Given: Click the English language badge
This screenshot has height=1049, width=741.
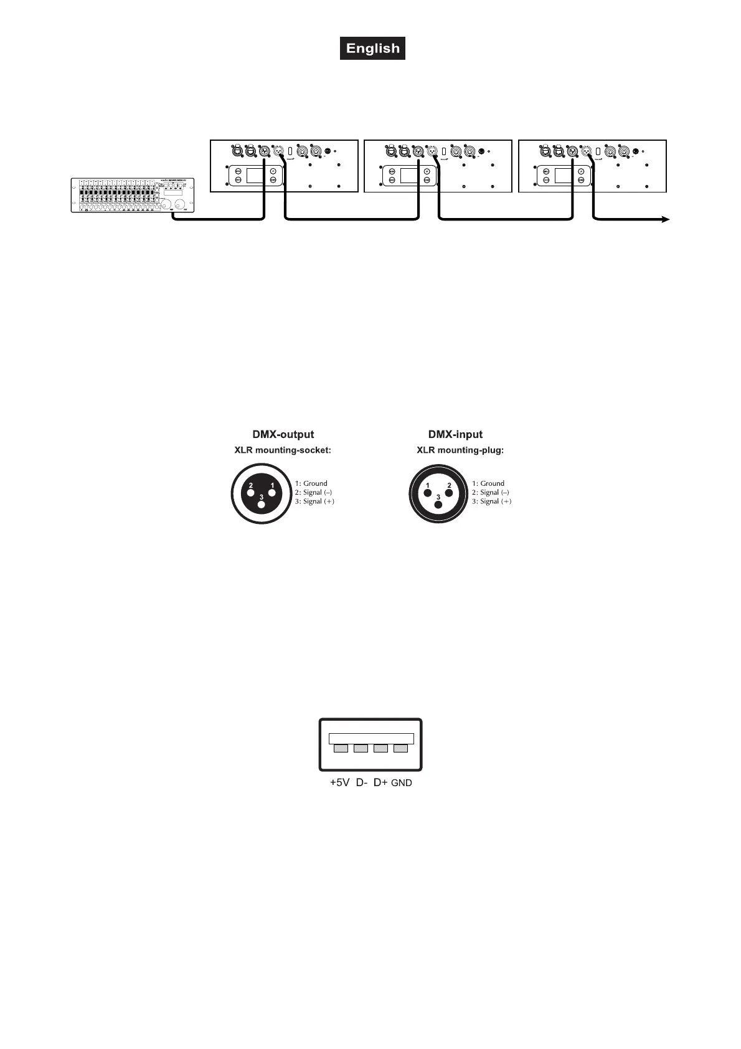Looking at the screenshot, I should click(x=372, y=49).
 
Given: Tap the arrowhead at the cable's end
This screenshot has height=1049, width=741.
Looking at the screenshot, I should click(x=666, y=219).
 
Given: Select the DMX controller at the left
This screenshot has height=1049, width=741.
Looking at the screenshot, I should click(x=133, y=195).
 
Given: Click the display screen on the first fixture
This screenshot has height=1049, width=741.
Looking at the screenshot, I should click(x=255, y=175).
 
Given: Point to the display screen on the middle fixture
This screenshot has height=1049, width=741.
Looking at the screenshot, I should click(x=408, y=175).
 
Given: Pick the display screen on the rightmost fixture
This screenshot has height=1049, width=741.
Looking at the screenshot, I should click(x=563, y=175).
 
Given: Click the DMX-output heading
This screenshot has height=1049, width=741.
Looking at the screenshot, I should click(x=283, y=435).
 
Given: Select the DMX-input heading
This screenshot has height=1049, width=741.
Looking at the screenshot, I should click(x=455, y=435).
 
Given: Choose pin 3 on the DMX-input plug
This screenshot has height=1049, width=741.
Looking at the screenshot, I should click(x=438, y=505).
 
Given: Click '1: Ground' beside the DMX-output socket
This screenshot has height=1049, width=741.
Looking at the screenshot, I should click(x=311, y=483).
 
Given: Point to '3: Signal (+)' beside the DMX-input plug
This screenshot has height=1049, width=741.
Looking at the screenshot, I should click(x=492, y=501).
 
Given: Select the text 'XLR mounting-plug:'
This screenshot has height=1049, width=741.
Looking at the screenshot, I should click(x=460, y=450).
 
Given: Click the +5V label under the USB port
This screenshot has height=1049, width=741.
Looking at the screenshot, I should click(x=339, y=783).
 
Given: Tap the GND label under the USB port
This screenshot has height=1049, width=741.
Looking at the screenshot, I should click(x=402, y=783).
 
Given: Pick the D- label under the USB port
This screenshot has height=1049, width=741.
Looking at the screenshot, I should click(x=362, y=783).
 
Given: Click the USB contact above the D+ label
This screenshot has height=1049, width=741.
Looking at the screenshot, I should click(x=380, y=748).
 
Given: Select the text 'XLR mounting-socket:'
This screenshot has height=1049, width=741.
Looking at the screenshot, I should click(x=283, y=450).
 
